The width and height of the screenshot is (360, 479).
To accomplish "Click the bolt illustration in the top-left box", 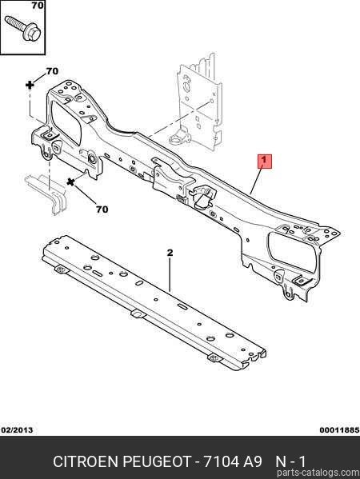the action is pyautogui.click(x=23, y=28).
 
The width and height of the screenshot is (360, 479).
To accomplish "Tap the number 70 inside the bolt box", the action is pyautogui.click(x=38, y=5).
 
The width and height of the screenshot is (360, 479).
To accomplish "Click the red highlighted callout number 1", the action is pyautogui.click(x=265, y=161).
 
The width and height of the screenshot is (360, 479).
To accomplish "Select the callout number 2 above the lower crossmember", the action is pyautogui.click(x=170, y=253).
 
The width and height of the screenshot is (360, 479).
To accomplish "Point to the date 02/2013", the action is pyautogui.click(x=17, y=430).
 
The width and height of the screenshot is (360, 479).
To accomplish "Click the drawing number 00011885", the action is pyautogui.click(x=339, y=430).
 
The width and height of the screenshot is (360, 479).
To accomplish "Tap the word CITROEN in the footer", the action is pyautogui.click(x=86, y=461).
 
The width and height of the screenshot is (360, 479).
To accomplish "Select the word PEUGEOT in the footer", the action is pyautogui.click(x=157, y=461).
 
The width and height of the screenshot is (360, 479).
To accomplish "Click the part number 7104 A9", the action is pyautogui.click(x=233, y=461).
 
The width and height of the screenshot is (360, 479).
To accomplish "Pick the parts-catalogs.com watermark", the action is pyautogui.click(x=318, y=473).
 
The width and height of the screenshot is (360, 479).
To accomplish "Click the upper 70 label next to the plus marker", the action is pyautogui.click(x=52, y=71).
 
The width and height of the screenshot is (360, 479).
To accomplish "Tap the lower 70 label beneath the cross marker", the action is pyautogui.click(x=102, y=210).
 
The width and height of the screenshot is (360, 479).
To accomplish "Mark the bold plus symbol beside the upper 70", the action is pyautogui.click(x=30, y=85).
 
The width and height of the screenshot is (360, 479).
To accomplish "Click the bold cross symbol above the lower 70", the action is pyautogui.click(x=70, y=182).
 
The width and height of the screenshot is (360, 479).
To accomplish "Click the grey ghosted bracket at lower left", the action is pyautogui.click(x=46, y=194).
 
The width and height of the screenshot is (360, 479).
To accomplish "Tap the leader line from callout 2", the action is pyautogui.click(x=170, y=274).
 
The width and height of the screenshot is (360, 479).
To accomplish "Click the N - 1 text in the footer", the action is pyautogui.click(x=290, y=461).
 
